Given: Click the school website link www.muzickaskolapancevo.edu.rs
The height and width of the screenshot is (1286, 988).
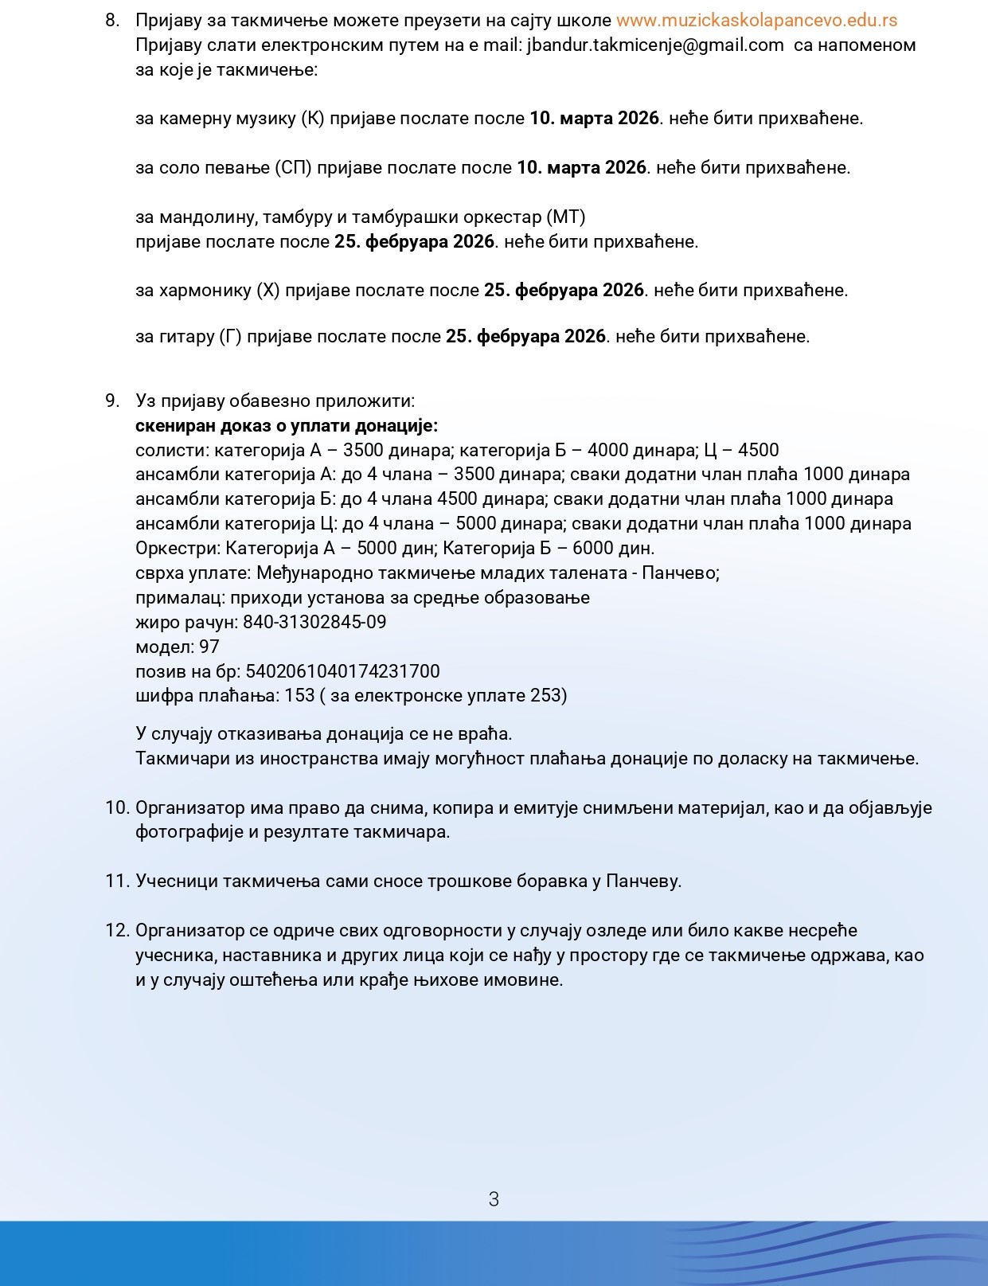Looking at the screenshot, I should (x=756, y=21).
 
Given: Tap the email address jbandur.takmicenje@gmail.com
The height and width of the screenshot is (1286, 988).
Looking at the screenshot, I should (x=655, y=45).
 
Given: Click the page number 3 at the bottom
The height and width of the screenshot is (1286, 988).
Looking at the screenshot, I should (x=494, y=1199).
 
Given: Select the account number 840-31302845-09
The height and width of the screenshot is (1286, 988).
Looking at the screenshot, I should (x=314, y=623).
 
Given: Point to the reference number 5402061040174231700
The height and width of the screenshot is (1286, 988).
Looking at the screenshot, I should (x=342, y=672).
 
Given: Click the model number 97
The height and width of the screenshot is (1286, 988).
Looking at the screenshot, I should (x=209, y=647).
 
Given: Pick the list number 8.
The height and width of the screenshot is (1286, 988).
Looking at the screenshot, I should (x=112, y=21).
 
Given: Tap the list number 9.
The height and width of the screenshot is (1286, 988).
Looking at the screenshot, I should (x=112, y=401).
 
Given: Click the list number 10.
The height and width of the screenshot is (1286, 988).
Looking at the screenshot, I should (x=116, y=808).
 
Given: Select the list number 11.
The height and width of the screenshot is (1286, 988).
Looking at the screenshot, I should (x=116, y=881).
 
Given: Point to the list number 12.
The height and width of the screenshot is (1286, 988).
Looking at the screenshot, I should (x=116, y=931).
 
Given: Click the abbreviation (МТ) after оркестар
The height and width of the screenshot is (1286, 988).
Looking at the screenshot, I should (x=566, y=217).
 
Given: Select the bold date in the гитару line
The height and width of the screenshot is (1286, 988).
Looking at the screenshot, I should (x=525, y=337).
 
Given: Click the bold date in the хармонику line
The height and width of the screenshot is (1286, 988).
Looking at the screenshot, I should (x=564, y=291).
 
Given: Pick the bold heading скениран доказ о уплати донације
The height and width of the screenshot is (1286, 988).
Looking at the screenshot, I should (x=287, y=426).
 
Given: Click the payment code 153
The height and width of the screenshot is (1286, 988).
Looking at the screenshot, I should (x=300, y=696).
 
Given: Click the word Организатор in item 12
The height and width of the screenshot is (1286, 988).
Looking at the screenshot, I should (x=190, y=931).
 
